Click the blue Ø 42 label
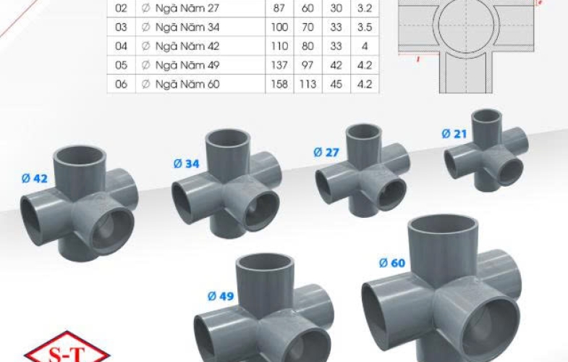click(35, 179)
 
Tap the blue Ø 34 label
click(186, 164)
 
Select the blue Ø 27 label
click(326, 153)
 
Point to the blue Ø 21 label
click(454, 134)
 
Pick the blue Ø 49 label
click(221, 296)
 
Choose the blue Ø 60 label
click(392, 263)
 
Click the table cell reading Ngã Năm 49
click(187, 65)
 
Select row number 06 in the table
click(121, 84)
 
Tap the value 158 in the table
click(279, 84)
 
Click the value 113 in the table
click(308, 84)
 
